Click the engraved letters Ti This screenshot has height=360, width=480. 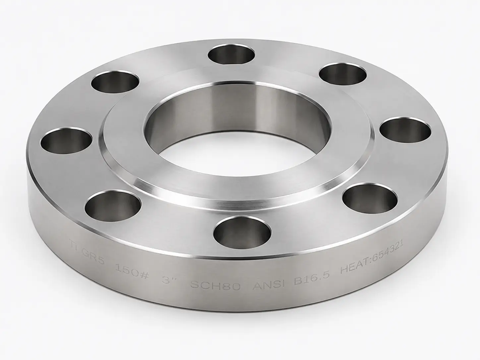coord(74,243)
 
